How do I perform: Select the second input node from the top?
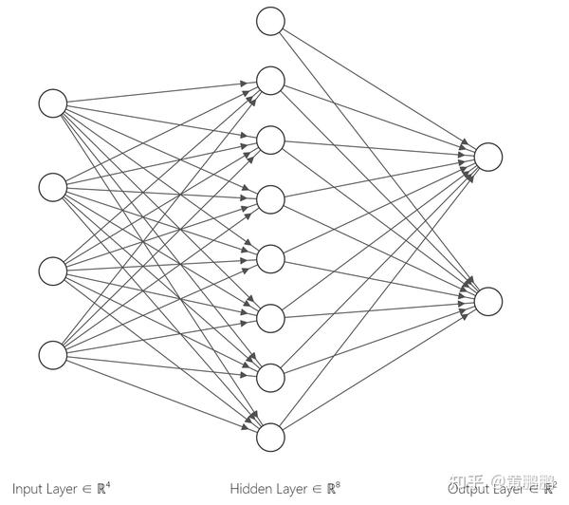pyautogui.click(x=53, y=185)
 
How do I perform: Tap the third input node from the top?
pyautogui.click(x=53, y=270)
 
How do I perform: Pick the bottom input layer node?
pyautogui.click(x=53, y=354)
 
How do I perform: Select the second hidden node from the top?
pyautogui.click(x=270, y=81)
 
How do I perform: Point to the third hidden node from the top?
pyautogui.click(x=270, y=140)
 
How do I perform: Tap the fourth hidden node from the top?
pyautogui.click(x=270, y=199)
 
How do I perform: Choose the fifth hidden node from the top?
pyautogui.click(x=270, y=258)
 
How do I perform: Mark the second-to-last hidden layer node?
pyautogui.click(x=270, y=377)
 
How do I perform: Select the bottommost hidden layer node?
pyautogui.click(x=270, y=437)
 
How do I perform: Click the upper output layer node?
pyautogui.click(x=487, y=157)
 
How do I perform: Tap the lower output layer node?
pyautogui.click(x=487, y=301)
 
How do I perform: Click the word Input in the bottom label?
pyautogui.click(x=30, y=489)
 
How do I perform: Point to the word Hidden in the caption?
pyautogui.click(x=248, y=489)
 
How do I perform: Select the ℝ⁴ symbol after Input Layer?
pyautogui.click(x=104, y=488)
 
